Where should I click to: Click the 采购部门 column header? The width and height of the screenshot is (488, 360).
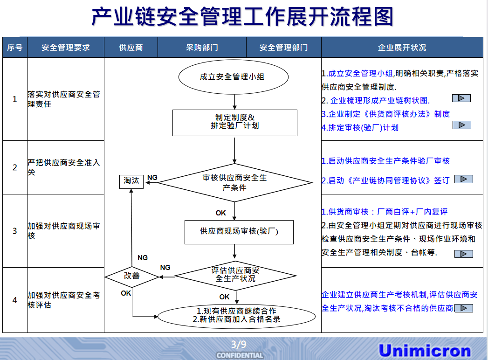[x=202, y=48]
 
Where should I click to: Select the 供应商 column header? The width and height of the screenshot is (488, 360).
[x=131, y=48]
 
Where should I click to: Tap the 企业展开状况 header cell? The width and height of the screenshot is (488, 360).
[x=402, y=48]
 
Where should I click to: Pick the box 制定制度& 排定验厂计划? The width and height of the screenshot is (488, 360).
[x=235, y=122]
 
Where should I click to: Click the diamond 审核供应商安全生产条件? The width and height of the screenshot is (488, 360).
[x=235, y=183]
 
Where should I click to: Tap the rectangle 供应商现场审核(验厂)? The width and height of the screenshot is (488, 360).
[x=239, y=231]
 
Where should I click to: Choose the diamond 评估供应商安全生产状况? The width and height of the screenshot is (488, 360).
[x=236, y=275]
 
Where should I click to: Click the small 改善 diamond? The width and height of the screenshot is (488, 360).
[x=132, y=276]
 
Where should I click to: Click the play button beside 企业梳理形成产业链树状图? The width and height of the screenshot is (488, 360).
[x=461, y=98]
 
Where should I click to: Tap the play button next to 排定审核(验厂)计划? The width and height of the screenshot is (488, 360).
[x=461, y=125]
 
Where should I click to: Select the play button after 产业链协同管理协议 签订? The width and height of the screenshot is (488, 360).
[x=463, y=179]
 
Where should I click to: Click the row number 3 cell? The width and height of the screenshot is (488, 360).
[x=15, y=231]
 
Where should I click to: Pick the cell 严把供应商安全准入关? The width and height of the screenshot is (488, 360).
[x=65, y=167]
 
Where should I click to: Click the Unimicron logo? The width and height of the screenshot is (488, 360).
[x=425, y=351]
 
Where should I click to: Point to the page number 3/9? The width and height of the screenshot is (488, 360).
[x=239, y=345]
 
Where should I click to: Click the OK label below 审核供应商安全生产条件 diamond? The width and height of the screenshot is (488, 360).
[x=221, y=213]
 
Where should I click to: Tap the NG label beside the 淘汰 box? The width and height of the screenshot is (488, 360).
[x=152, y=178]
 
